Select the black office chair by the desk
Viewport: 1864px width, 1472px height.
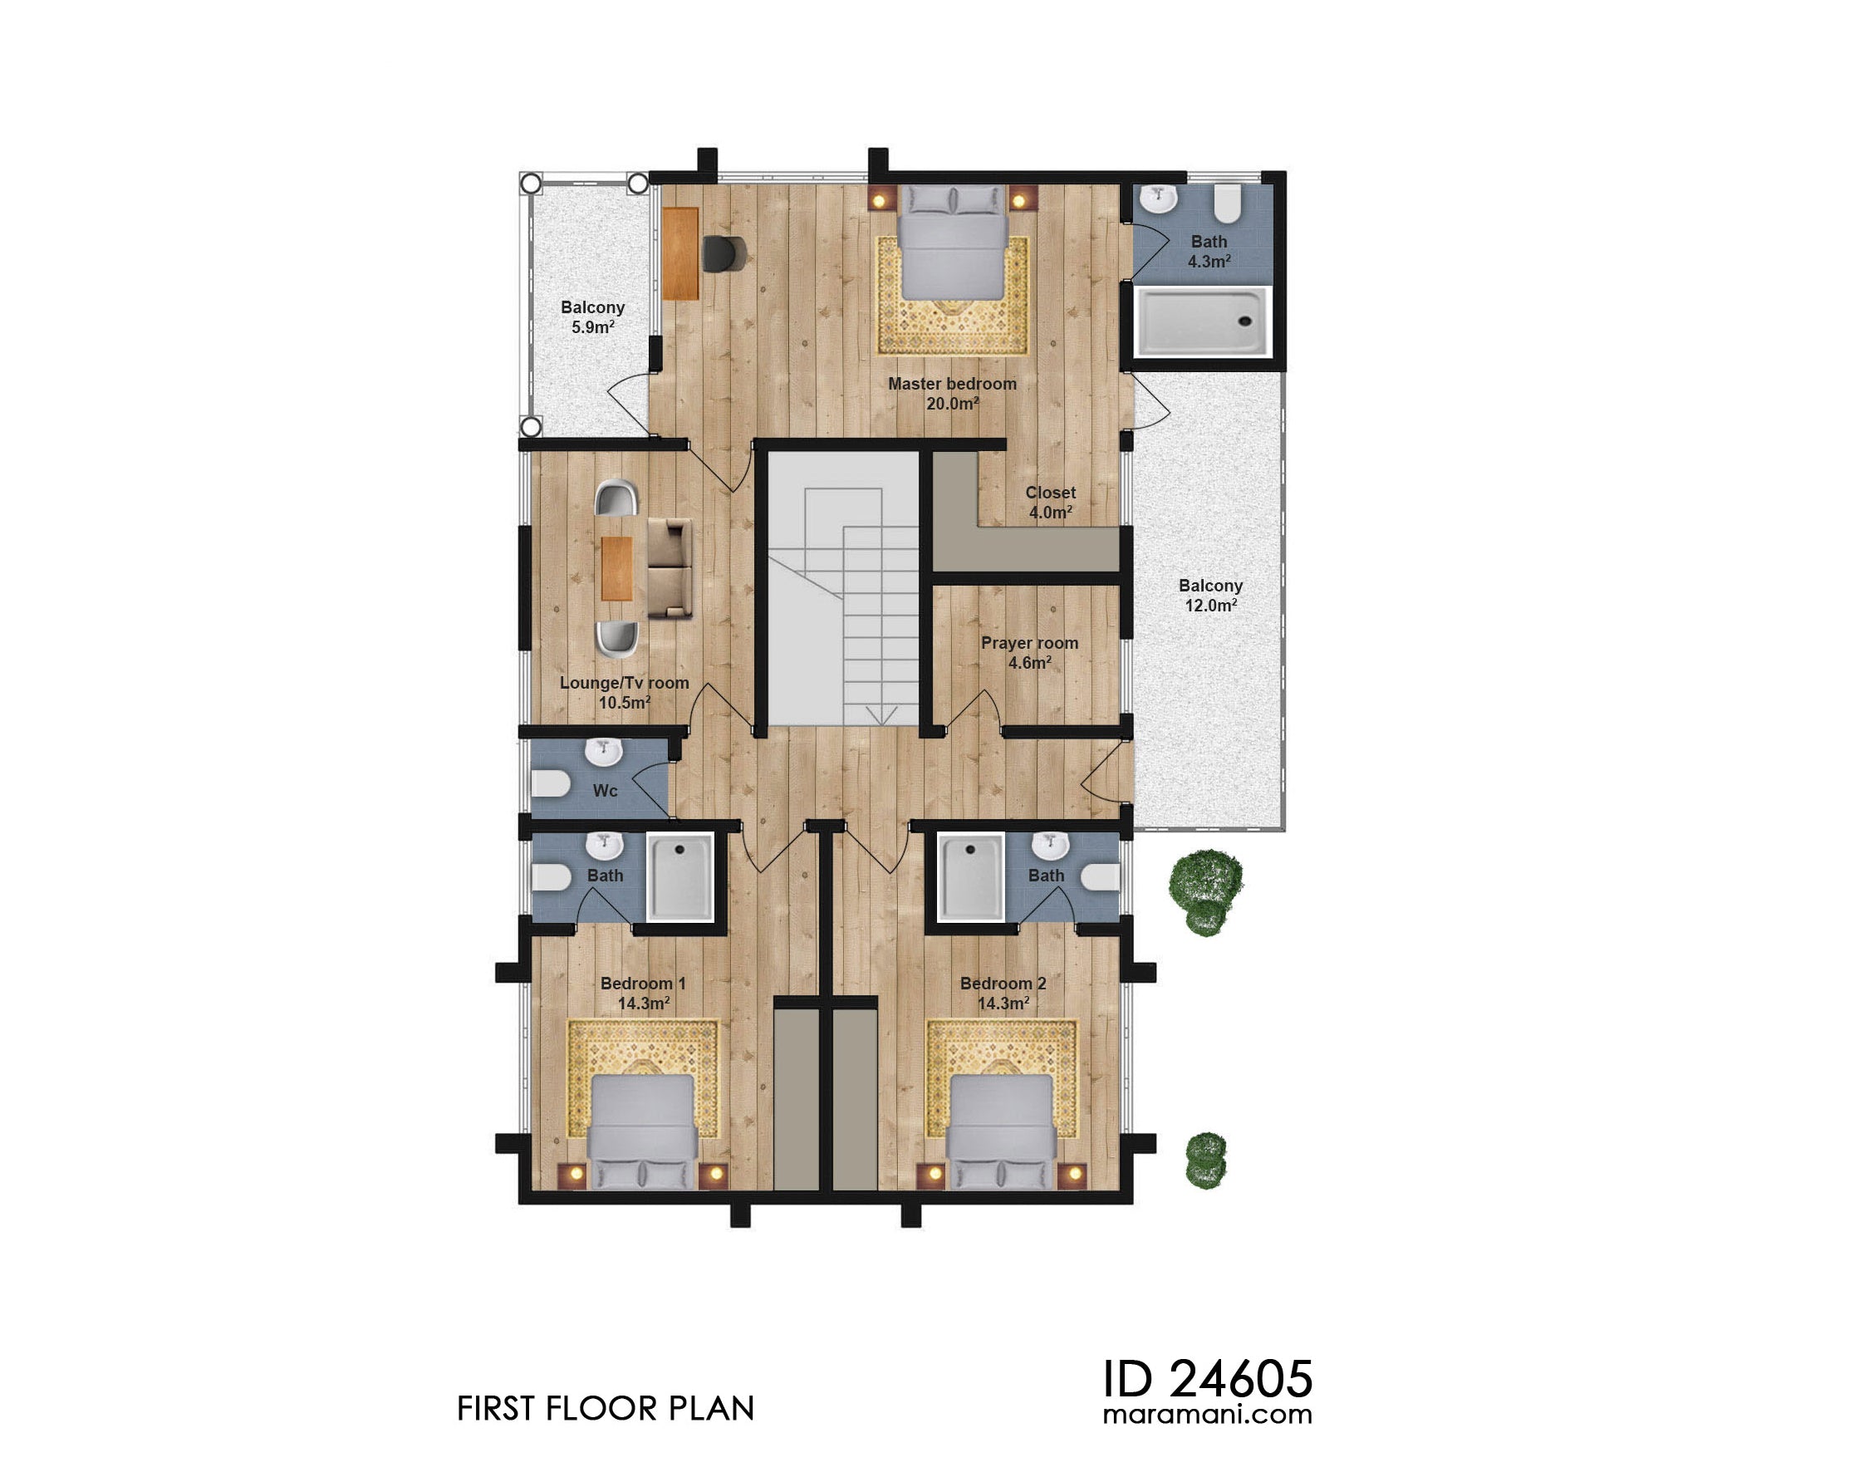[x=722, y=253]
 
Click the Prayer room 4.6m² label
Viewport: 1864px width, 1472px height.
[x=1029, y=652]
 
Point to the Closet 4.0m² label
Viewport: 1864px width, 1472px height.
[x=1050, y=502]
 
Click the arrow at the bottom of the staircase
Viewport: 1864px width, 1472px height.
[x=881, y=714]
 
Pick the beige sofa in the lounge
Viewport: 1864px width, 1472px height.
[x=670, y=568]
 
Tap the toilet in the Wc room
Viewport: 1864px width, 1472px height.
[x=549, y=784]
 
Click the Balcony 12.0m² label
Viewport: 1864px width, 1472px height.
[x=1210, y=595]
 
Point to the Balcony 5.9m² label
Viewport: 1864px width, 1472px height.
[x=592, y=316]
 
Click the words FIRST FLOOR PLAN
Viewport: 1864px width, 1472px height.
[x=605, y=1408]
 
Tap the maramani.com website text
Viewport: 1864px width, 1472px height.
[x=1206, y=1413]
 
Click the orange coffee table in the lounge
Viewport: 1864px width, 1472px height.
[x=617, y=568]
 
